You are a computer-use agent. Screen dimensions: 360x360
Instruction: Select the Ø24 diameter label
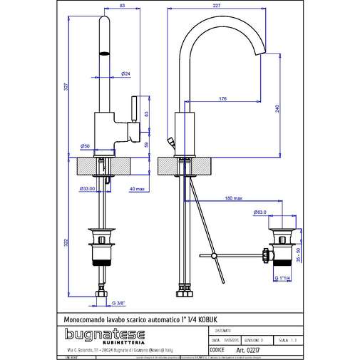125,73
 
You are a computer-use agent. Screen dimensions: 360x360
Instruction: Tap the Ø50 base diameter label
85,146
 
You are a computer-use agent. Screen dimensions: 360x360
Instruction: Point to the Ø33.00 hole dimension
87,188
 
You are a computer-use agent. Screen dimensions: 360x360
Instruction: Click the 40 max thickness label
138,188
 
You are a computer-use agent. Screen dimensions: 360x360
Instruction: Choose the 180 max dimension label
233,197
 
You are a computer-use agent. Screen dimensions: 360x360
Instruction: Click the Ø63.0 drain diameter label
260,212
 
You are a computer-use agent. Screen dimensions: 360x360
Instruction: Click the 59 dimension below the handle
146,144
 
